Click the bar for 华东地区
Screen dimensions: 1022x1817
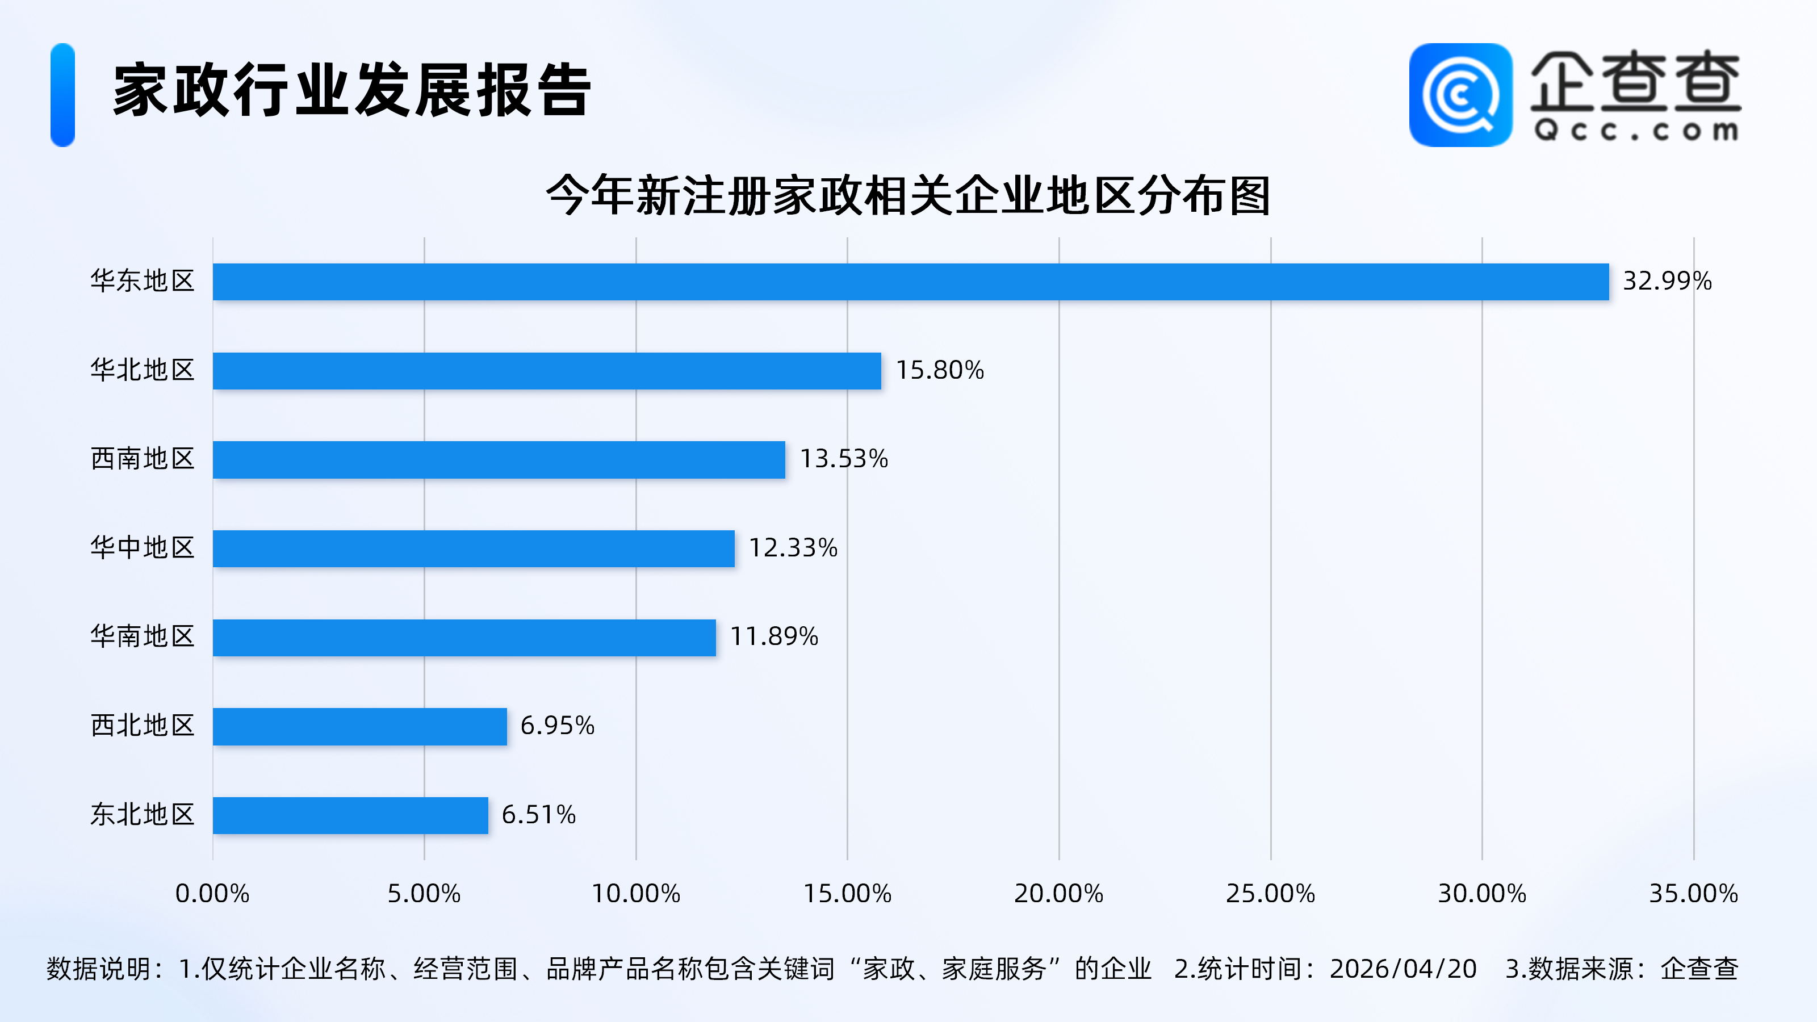[910, 282]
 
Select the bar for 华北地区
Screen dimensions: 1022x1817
[547, 370]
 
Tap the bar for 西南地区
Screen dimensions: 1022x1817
[499, 459]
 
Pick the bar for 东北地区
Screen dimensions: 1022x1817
[350, 815]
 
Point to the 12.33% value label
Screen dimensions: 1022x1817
[793, 548]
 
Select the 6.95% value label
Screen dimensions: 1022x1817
[557, 726]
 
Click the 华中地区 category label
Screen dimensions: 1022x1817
[143, 548]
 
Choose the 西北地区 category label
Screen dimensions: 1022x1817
[143, 726]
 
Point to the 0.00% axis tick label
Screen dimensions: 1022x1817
[212, 894]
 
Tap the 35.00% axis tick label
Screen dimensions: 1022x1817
[1693, 894]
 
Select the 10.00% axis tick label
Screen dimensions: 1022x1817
[635, 894]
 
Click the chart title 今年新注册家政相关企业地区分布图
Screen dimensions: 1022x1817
[908, 195]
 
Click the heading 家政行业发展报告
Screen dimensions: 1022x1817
[351, 90]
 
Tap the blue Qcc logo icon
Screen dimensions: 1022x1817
[1460, 95]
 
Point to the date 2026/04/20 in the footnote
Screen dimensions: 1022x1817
[1403, 969]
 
